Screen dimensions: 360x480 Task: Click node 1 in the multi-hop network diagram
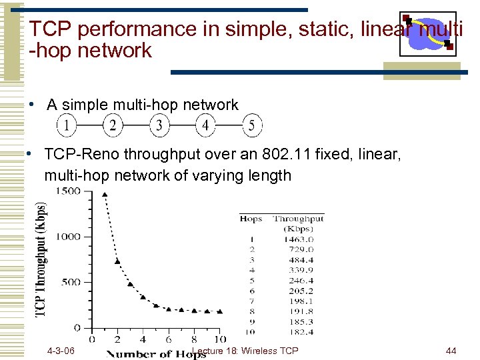[66, 125]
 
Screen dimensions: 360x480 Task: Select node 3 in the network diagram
[159, 125]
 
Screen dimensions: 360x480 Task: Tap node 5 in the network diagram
[251, 125]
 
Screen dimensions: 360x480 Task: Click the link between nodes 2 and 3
[135, 125]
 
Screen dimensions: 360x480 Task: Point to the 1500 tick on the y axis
[67, 191]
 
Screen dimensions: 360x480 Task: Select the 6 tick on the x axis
[169, 339]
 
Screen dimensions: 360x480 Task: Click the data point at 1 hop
[105, 195]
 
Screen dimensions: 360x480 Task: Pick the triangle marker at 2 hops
[117, 261]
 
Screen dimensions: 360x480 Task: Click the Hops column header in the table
[251, 218]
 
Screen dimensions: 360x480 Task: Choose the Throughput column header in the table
[298, 218]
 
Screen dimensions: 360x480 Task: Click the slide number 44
[451, 351]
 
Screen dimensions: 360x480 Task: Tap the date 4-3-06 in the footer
[61, 351]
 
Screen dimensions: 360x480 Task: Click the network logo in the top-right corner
[427, 33]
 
